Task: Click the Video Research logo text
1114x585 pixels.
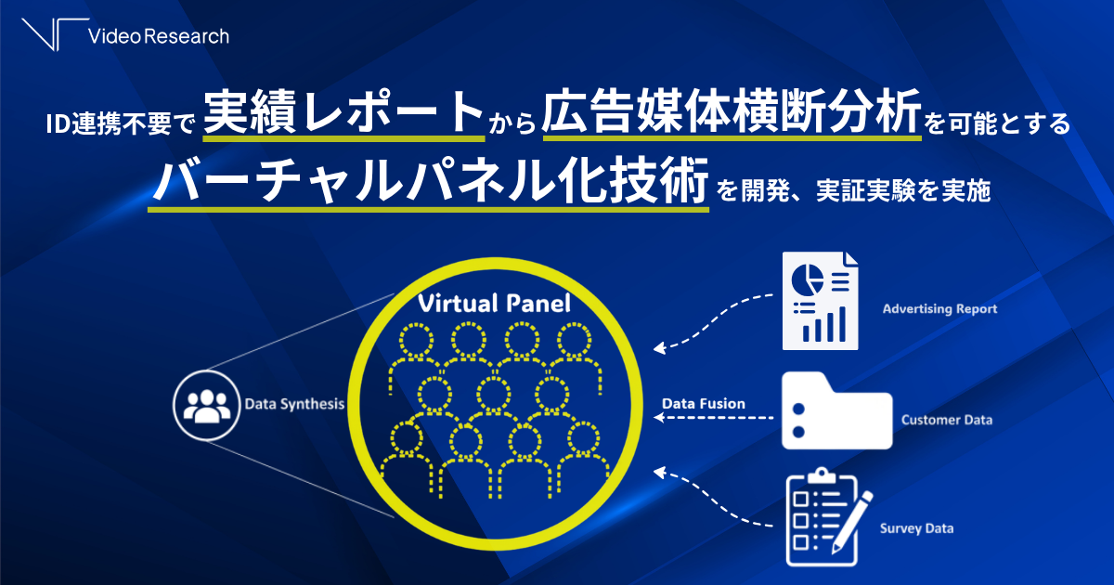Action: (159, 36)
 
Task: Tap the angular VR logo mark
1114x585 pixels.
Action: (55, 34)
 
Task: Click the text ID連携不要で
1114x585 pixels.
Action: (121, 123)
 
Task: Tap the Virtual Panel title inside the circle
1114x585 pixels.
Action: (494, 304)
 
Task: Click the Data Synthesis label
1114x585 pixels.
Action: (294, 404)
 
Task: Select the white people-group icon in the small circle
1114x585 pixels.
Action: (207, 406)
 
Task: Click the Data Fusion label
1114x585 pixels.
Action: (704, 403)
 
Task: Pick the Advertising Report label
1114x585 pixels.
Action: (939, 309)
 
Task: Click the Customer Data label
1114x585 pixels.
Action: (946, 420)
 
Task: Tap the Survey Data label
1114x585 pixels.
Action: (916, 528)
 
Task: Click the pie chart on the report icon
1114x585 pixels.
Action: (807, 279)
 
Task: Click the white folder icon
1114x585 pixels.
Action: (837, 410)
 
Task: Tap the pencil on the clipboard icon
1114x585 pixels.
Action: (852, 522)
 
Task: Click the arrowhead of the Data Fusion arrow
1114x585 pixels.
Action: (659, 417)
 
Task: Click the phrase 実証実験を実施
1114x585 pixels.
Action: (903, 190)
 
